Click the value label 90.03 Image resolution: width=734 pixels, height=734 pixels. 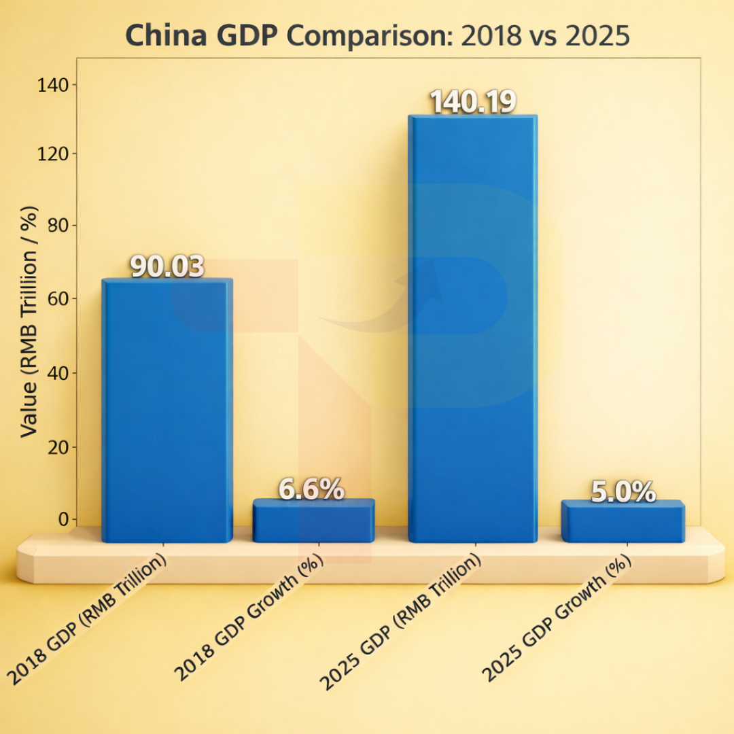(167, 267)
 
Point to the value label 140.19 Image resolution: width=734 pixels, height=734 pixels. (472, 102)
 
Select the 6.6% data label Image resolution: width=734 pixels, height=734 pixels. (312, 489)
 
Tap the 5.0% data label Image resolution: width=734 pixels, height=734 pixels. (623, 491)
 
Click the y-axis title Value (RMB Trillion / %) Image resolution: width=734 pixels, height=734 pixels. (29, 321)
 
